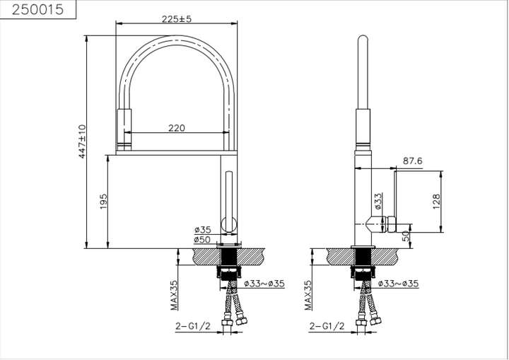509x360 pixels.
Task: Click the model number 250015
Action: tap(37, 9)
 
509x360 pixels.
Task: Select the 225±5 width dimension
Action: tap(177, 19)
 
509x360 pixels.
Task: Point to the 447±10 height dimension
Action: tap(83, 141)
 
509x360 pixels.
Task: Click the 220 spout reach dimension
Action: tap(177, 128)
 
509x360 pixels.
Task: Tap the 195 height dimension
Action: tap(103, 202)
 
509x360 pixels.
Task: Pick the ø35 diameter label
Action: tap(203, 230)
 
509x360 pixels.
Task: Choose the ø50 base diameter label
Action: tap(202, 240)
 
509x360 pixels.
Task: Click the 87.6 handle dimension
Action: tap(413, 161)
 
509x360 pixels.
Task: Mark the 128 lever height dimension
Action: tap(437, 202)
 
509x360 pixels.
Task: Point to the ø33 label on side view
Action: tap(378, 201)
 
